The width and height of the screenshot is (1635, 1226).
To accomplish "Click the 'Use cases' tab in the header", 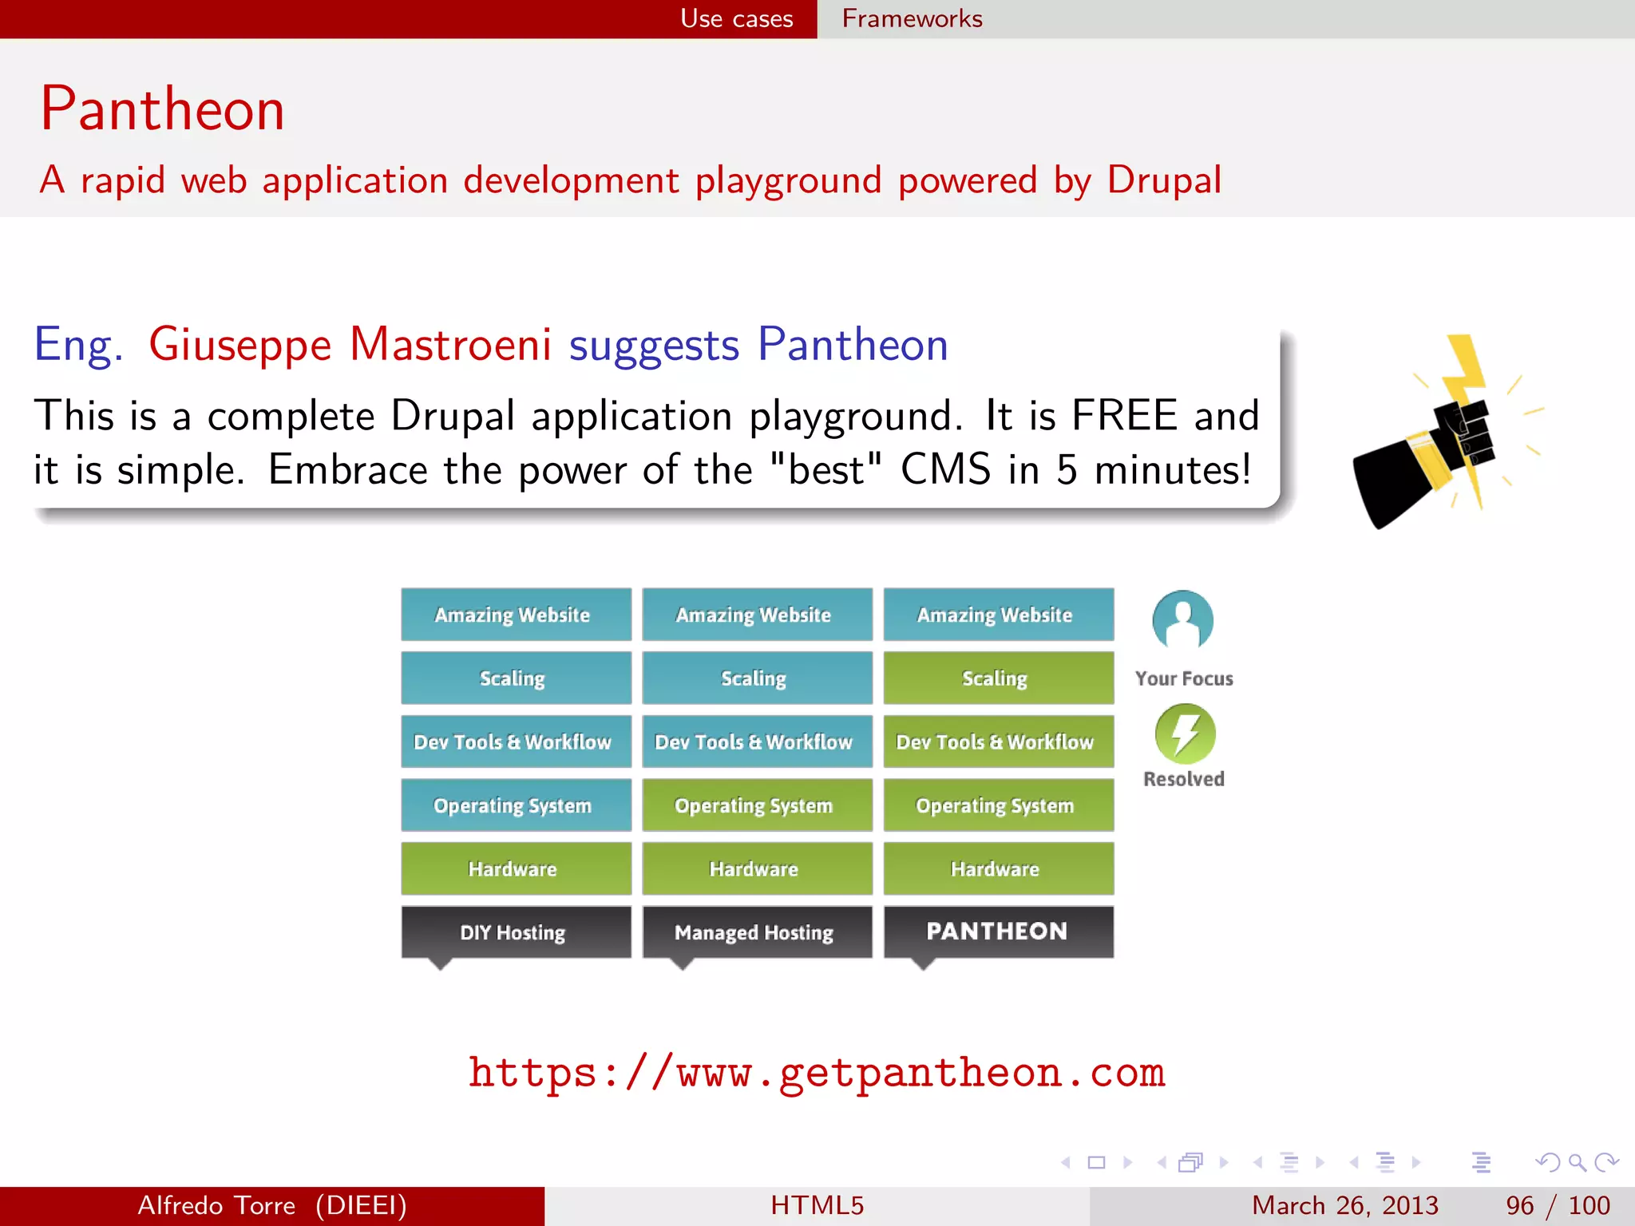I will coord(736,18).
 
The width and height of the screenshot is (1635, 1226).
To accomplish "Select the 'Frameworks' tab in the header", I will coord(912,18).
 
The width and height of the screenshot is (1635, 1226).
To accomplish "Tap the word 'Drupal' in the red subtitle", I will coord(1163,180).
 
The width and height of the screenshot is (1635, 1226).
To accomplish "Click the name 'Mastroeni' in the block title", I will coord(450,345).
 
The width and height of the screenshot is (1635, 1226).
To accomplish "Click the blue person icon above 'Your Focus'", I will coord(1182,620).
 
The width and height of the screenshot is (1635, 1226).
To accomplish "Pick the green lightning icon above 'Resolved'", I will coord(1185,733).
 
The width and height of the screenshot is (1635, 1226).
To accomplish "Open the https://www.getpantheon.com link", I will coord(816,1072).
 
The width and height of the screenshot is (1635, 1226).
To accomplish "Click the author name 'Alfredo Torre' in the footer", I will coord(216,1205).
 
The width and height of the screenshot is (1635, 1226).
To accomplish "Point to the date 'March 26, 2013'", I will coord(1344,1205).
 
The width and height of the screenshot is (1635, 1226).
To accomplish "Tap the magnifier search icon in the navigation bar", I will coord(1577,1162).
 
